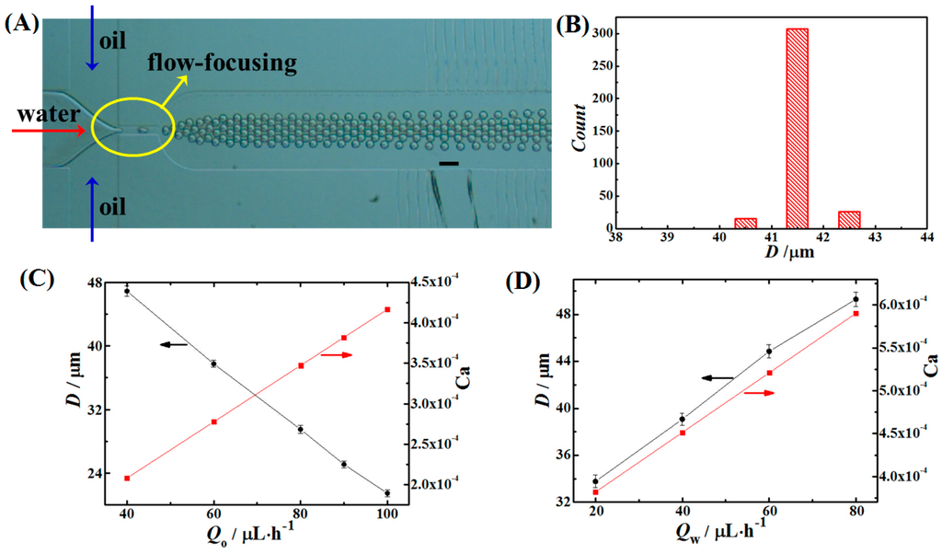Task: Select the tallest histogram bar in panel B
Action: point(798,129)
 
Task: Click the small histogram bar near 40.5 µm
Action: point(745,224)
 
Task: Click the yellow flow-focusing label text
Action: point(220,63)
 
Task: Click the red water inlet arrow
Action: point(45,131)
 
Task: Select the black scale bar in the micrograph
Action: point(449,164)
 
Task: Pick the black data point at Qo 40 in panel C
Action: point(127,291)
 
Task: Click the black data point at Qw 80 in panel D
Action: point(856,299)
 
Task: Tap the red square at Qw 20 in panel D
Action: point(595,492)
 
